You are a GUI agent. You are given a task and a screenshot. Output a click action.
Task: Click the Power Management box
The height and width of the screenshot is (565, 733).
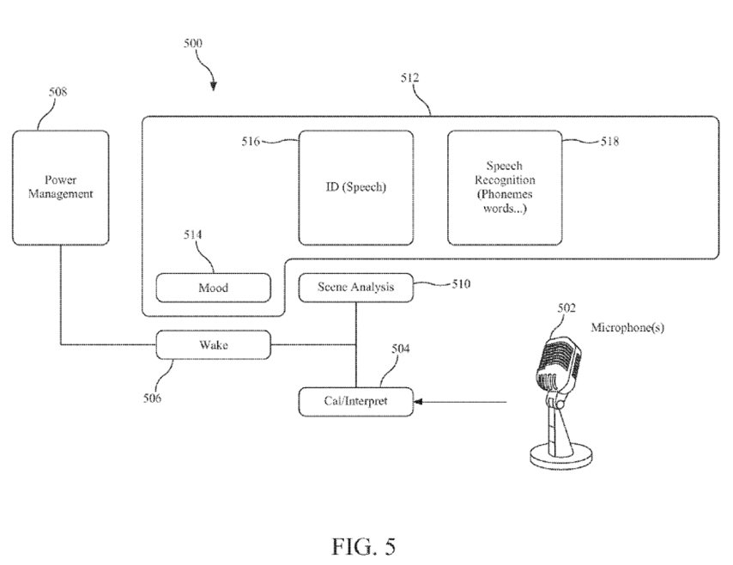click(x=60, y=186)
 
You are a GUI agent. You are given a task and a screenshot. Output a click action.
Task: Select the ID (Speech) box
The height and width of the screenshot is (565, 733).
click(x=355, y=188)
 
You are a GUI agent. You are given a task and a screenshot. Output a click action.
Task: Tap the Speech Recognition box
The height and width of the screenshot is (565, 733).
click(x=505, y=188)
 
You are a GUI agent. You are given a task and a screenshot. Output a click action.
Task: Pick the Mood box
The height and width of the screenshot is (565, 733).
click(x=213, y=288)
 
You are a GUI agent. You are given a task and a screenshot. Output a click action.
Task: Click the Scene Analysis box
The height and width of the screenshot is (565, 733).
click(x=355, y=288)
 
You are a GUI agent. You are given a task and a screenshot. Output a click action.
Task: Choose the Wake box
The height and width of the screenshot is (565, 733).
click(x=213, y=345)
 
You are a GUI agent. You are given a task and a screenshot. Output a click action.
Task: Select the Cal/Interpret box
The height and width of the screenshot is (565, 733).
click(x=355, y=400)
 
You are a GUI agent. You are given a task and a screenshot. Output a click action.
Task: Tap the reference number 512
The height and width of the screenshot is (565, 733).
click(x=410, y=77)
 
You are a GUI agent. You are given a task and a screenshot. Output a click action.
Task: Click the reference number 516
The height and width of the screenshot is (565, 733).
click(x=252, y=140)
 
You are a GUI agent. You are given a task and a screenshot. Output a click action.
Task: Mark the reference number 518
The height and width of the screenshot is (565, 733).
click(x=609, y=141)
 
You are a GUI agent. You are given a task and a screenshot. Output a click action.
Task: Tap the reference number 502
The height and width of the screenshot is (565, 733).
click(x=566, y=308)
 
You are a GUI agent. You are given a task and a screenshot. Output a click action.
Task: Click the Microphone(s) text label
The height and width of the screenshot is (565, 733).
click(x=627, y=328)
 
